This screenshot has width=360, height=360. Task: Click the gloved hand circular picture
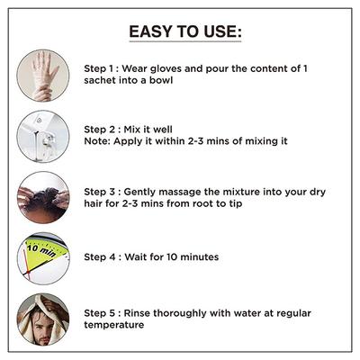[x=43, y=76]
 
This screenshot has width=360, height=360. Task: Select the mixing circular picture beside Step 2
[x=43, y=137]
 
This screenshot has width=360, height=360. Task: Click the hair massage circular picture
[x=43, y=197]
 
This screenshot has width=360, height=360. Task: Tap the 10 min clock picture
[x=43, y=258]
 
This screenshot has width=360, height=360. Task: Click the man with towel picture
[x=43, y=319]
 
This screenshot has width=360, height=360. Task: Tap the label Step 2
[x=100, y=130]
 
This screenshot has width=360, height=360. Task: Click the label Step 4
[x=100, y=257]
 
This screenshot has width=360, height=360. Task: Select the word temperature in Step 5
[x=114, y=325]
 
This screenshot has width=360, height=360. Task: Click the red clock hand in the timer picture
[x=28, y=266]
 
